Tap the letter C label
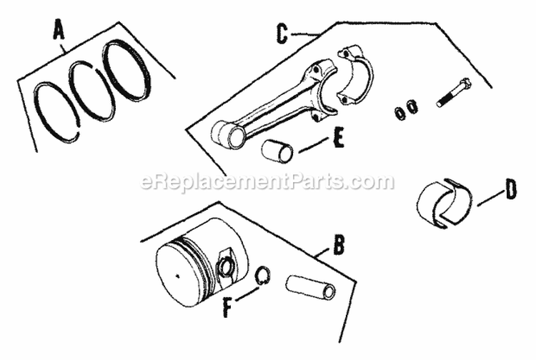point(282,34)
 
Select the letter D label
point(510,191)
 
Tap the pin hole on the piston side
point(227,266)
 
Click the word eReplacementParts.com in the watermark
point(268,182)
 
